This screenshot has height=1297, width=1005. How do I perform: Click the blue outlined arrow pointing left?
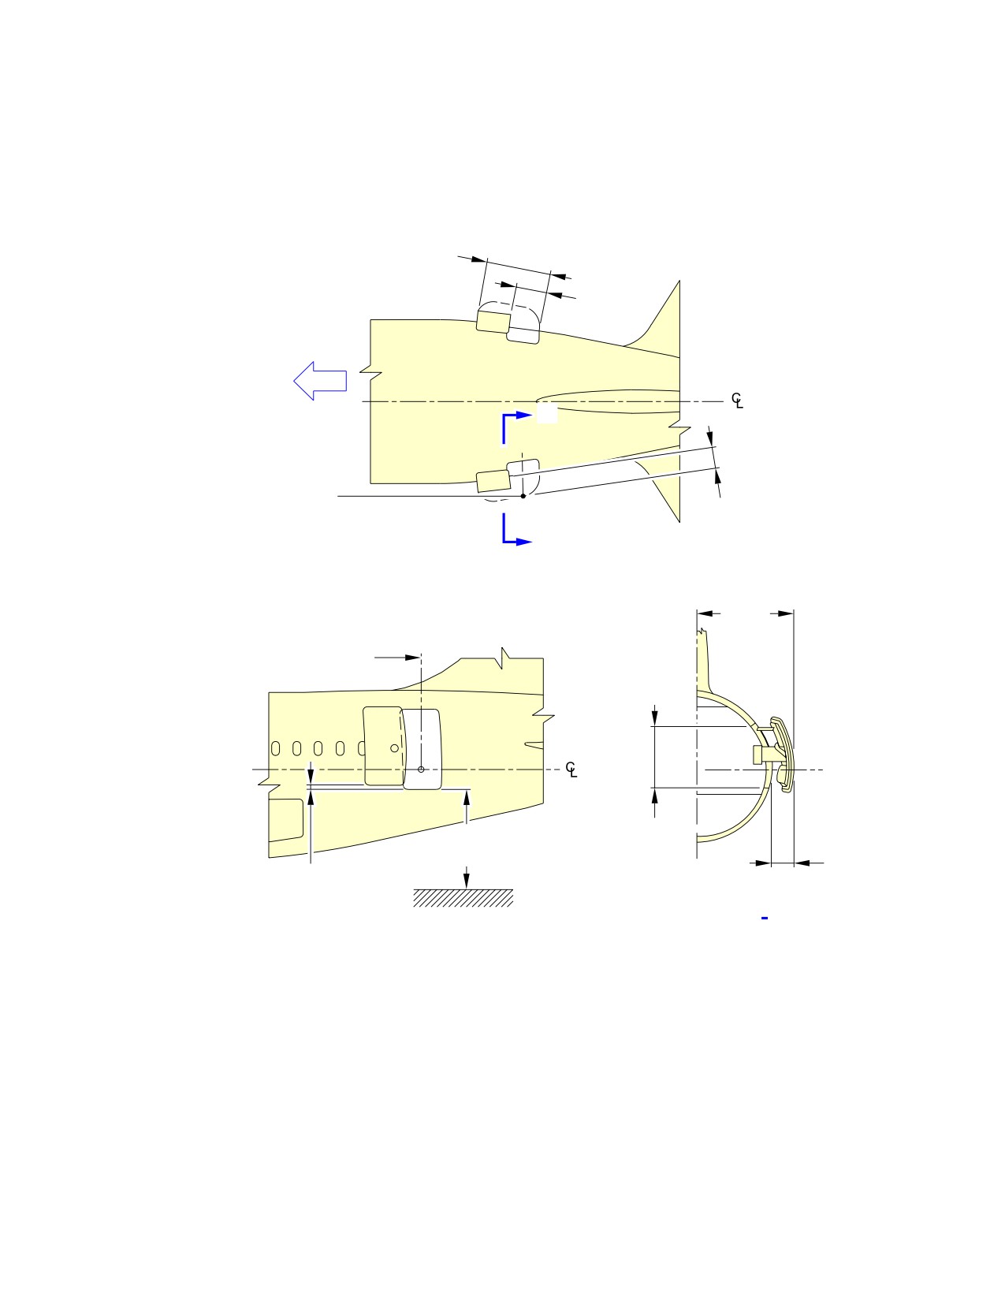320,381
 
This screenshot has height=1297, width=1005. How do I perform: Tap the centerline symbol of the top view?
737,401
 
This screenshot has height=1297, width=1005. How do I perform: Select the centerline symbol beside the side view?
571,770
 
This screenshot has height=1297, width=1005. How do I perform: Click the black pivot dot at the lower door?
523,496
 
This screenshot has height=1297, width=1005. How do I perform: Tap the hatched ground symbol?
463,898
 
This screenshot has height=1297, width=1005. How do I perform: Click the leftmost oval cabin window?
276,748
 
